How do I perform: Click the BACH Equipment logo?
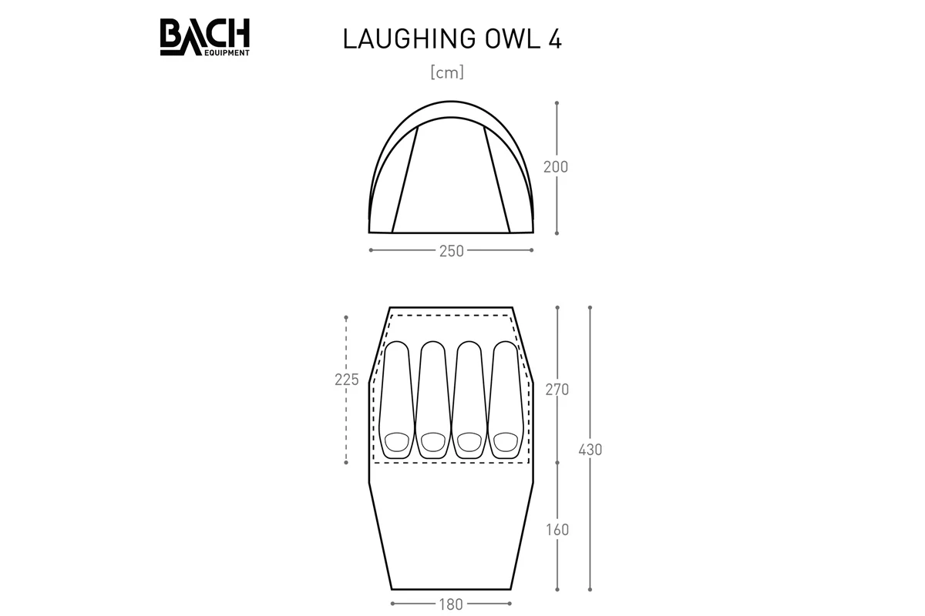205,37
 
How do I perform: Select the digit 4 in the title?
555,39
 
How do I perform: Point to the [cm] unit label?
447,72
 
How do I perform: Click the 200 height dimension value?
556,167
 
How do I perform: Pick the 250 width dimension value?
452,251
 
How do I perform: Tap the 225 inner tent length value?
347,380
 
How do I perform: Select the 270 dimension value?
557,390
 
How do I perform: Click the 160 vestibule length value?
557,530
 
